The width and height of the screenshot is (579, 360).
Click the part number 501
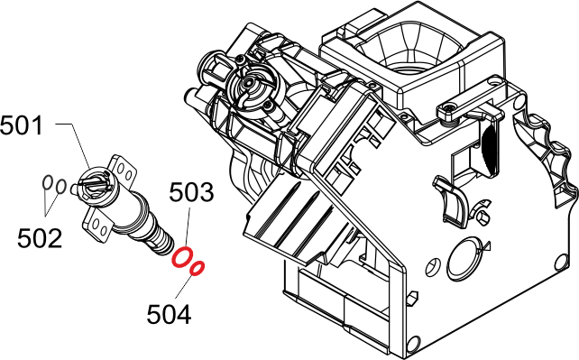click(22, 125)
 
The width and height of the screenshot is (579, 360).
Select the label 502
click(40, 238)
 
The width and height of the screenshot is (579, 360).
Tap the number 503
click(191, 192)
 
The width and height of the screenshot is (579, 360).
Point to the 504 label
click(169, 314)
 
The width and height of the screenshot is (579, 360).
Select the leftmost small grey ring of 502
click(47, 182)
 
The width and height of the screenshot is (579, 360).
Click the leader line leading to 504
click(184, 287)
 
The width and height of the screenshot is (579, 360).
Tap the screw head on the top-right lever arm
click(449, 107)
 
